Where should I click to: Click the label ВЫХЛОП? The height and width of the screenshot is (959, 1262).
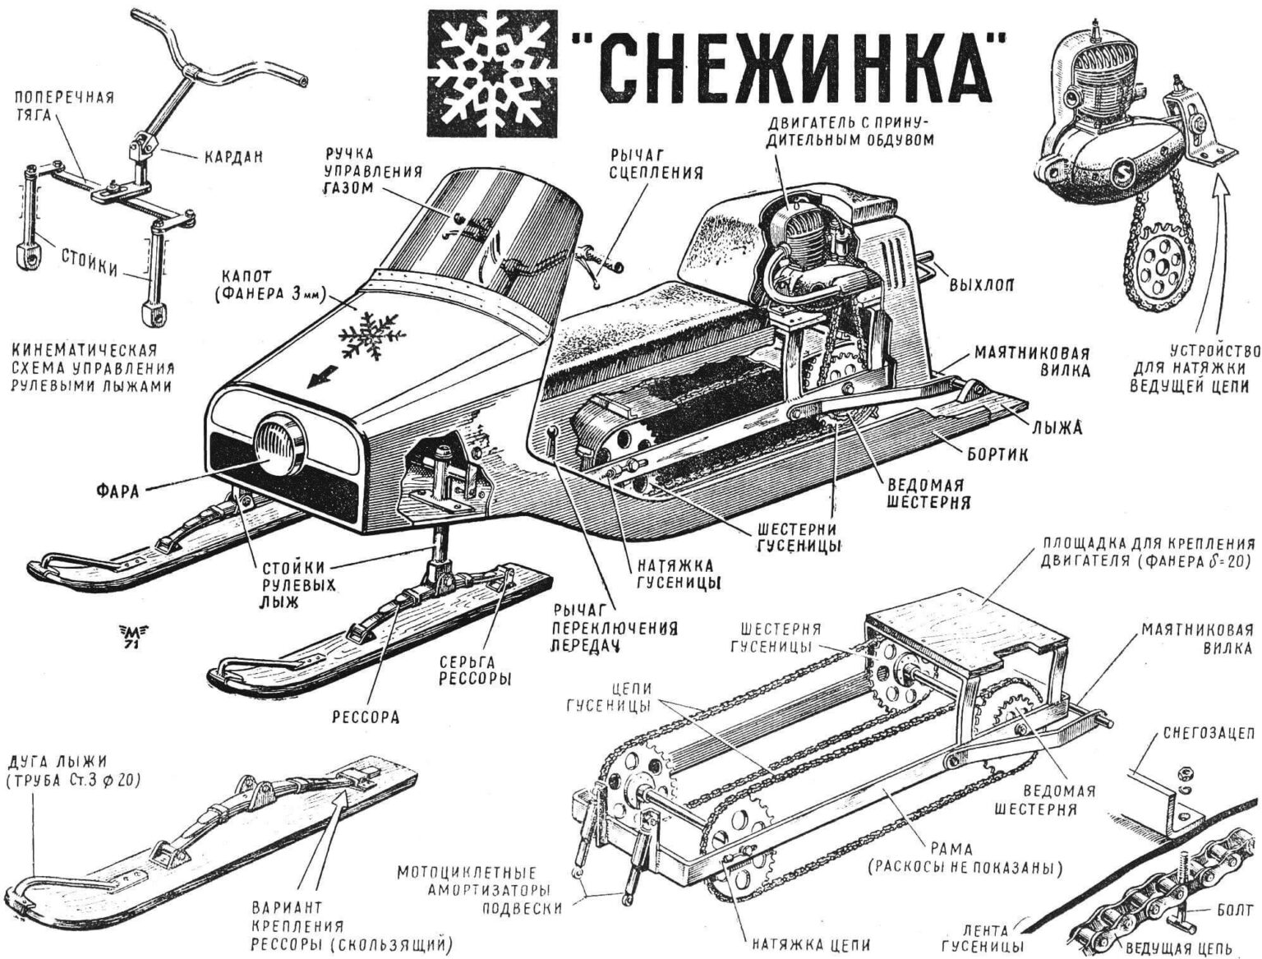click(981, 285)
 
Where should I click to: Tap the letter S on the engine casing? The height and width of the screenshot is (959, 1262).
click(1120, 174)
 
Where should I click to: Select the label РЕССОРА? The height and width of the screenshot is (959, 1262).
click(366, 717)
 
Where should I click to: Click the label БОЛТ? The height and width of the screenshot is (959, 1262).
click(1235, 911)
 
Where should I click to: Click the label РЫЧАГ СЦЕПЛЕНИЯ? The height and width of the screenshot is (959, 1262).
click(656, 164)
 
